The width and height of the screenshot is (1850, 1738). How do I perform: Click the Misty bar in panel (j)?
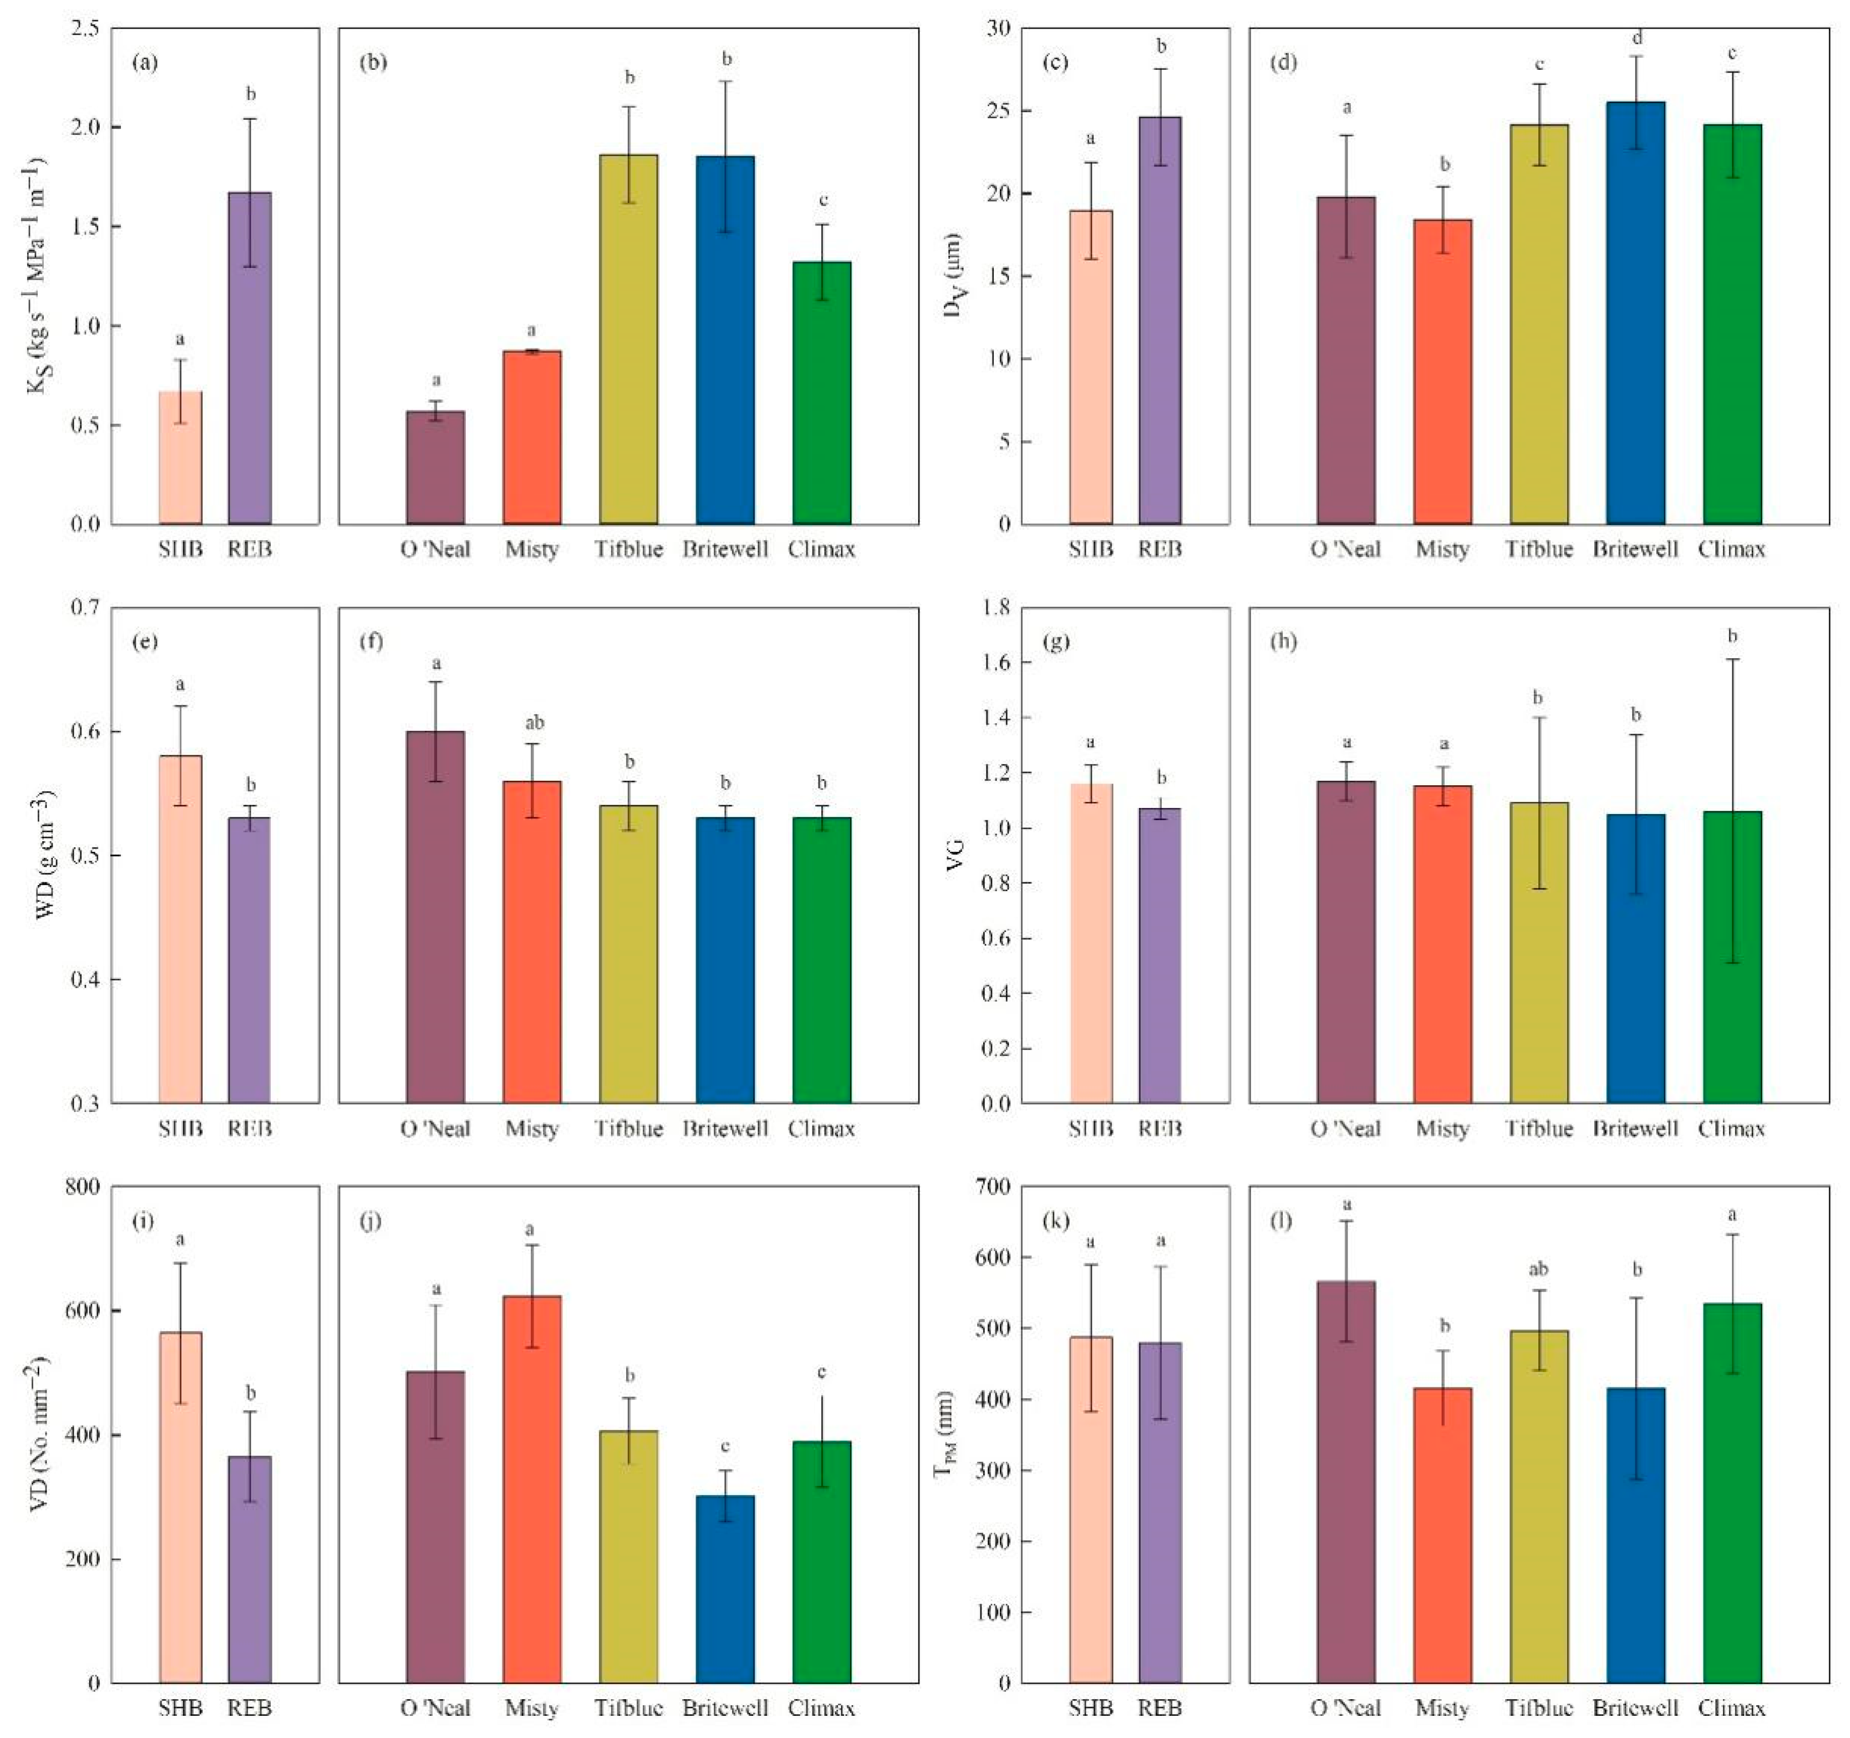coord(531,1488)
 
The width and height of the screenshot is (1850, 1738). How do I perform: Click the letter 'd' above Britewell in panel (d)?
coord(1637,39)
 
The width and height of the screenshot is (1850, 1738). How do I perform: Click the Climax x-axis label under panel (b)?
coord(821,549)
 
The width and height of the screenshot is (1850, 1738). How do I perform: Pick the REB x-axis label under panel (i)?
coord(250,1708)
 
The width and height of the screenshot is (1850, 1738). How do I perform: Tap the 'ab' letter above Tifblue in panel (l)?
coord(1538,1269)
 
